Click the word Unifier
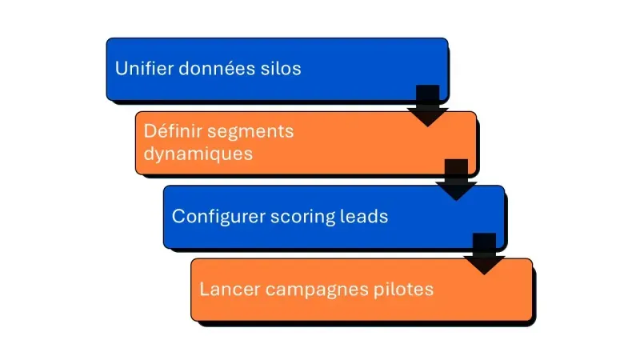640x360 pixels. tap(142, 69)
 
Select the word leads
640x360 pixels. tap(367, 216)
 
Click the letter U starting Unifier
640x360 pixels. tap(121, 69)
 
